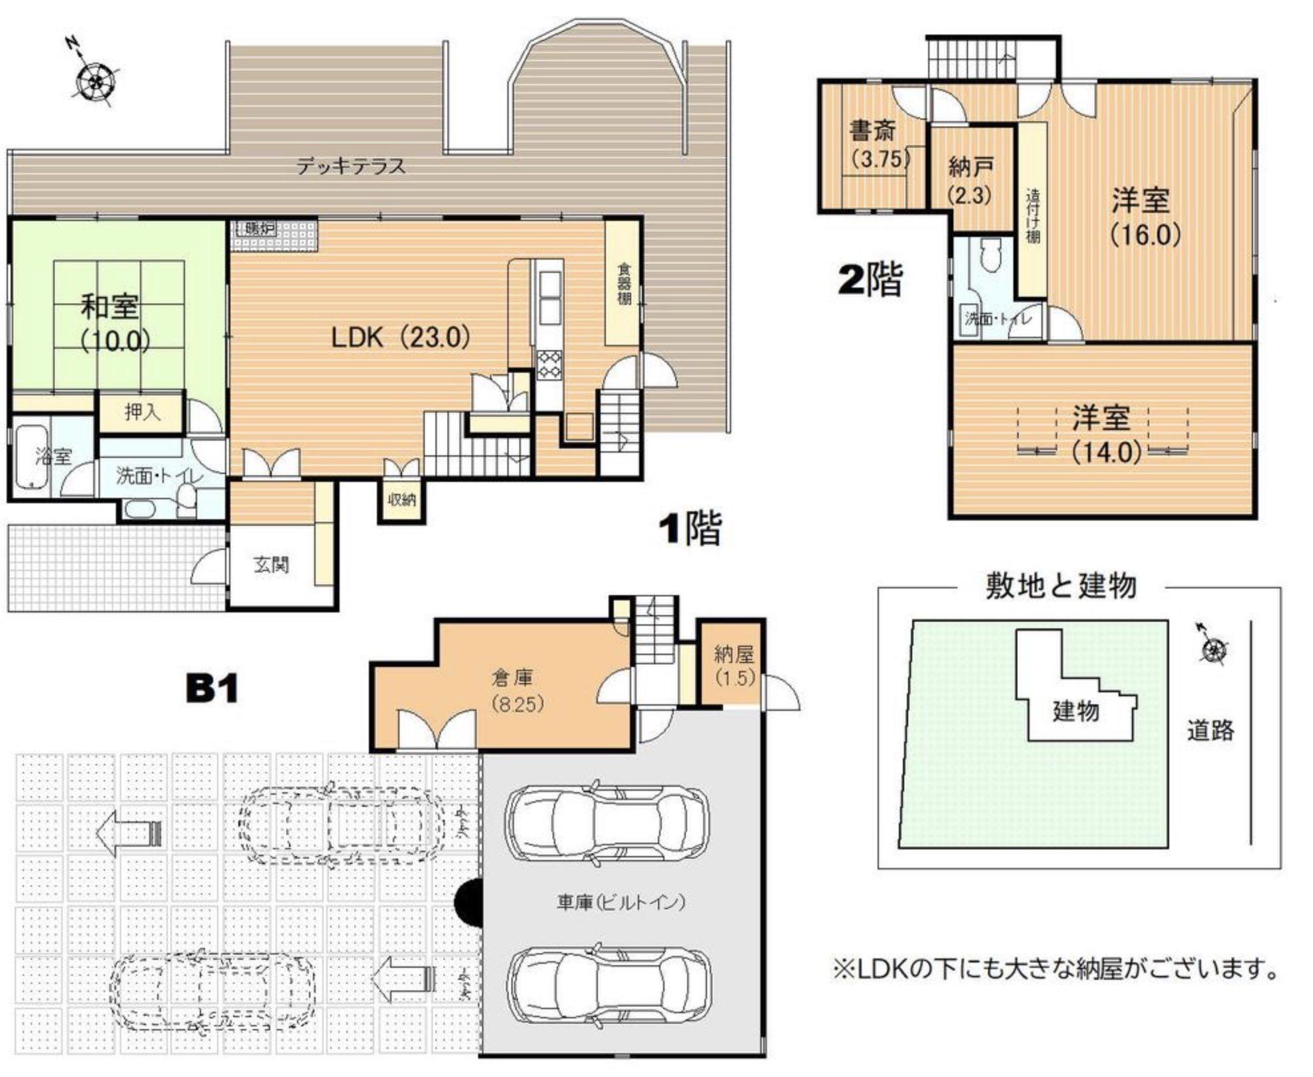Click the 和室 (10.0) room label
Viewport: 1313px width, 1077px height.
pos(111,323)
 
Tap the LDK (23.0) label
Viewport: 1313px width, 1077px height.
pos(401,337)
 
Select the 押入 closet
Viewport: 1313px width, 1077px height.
pos(142,413)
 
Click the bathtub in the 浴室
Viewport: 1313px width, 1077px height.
pos(32,456)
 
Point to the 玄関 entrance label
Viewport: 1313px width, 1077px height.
pos(272,565)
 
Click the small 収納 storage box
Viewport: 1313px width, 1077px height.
pos(401,499)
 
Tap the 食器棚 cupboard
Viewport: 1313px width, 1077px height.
pos(623,284)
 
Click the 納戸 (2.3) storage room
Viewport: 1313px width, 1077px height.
pos(971,180)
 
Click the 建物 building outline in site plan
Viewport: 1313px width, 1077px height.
pos(1075,711)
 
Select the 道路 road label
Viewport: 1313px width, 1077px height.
pos(1210,730)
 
